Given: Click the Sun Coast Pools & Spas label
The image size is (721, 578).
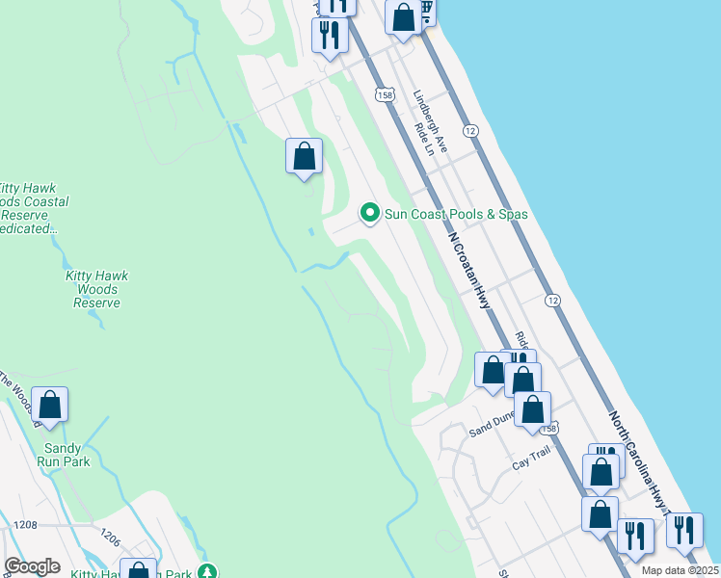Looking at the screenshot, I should click(456, 214).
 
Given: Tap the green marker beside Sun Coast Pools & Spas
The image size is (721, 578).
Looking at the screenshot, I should click(368, 213).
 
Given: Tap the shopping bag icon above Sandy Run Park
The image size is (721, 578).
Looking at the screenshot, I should click(50, 405).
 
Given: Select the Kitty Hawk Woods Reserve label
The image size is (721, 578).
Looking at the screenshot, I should click(96, 289).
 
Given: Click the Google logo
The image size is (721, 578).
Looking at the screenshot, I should click(32, 566).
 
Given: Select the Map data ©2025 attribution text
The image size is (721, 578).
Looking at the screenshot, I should click(681, 570).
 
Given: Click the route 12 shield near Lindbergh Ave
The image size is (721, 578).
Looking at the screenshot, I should click(470, 130).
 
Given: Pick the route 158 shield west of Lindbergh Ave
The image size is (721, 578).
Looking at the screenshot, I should click(387, 94).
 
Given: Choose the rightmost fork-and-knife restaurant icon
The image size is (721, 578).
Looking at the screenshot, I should click(683, 531).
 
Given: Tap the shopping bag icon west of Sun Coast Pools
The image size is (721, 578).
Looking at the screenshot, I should click(304, 156).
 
